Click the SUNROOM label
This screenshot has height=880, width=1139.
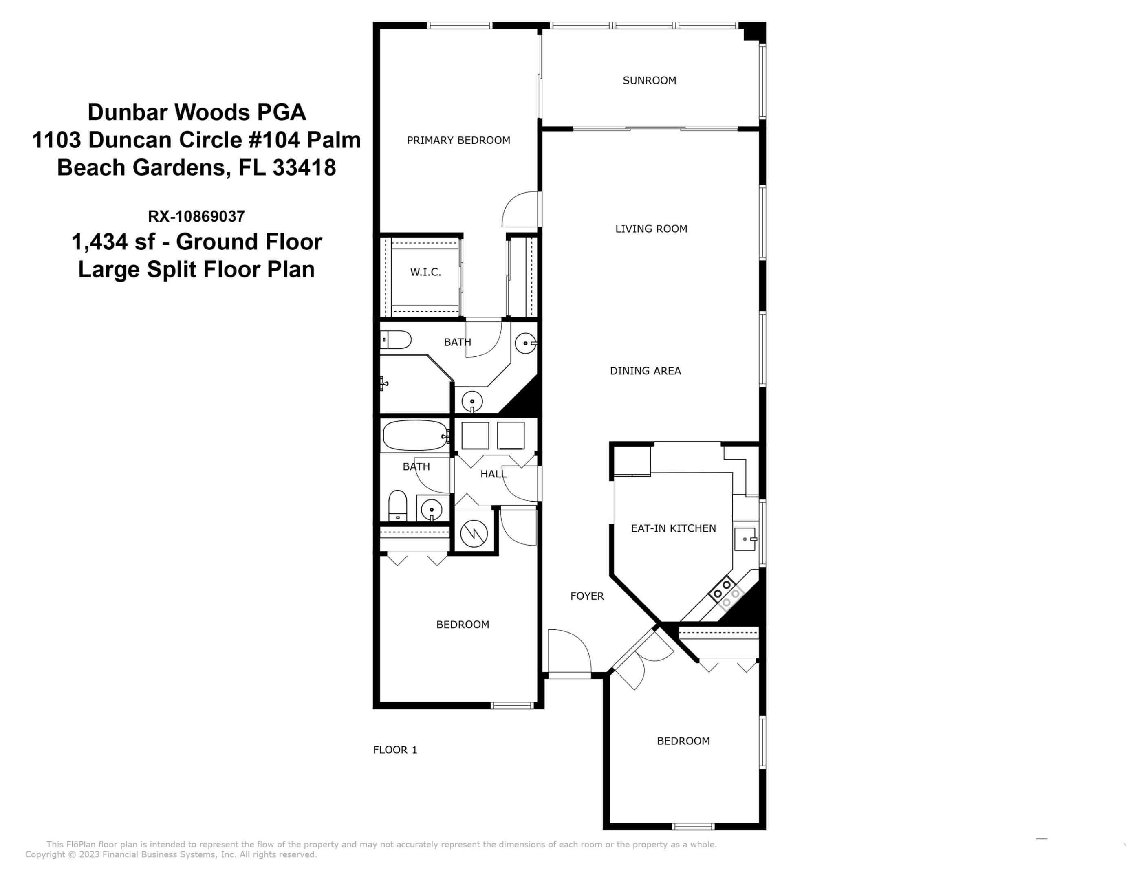(649, 80)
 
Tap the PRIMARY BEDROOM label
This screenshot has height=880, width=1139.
(458, 140)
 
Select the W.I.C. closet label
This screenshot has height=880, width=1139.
(425, 272)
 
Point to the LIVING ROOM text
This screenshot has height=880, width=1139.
(651, 229)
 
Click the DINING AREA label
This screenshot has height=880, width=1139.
(645, 371)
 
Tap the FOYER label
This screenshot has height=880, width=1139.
(587, 596)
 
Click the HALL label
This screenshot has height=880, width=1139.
(493, 474)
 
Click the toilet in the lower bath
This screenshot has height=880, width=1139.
(398, 505)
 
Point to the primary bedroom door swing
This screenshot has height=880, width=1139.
(520, 209)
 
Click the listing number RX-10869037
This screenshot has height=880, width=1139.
(196, 216)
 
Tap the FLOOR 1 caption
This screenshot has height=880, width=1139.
(395, 750)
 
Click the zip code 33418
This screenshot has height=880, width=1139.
(304, 168)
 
